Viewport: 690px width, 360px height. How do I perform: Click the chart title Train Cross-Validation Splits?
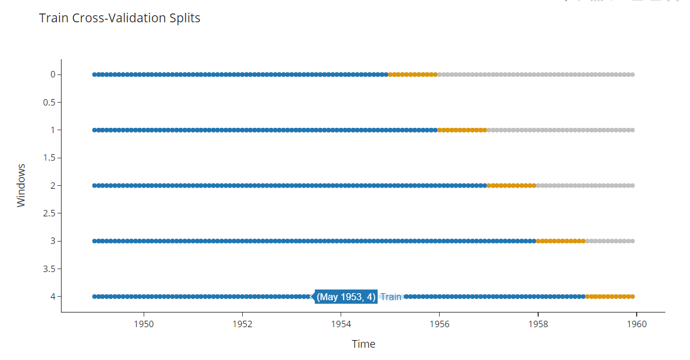click(120, 18)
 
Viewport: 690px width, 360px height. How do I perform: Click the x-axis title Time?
click(363, 344)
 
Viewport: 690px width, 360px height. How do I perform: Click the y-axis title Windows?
click(21, 185)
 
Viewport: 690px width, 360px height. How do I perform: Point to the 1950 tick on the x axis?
click(144, 323)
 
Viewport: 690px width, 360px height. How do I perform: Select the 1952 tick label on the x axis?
click(243, 323)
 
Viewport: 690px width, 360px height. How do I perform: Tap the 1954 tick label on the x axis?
click(341, 323)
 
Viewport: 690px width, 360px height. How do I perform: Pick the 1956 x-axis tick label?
click(440, 323)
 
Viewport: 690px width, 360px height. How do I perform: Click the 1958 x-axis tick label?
click(538, 323)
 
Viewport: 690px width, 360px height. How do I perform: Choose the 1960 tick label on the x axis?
click(637, 323)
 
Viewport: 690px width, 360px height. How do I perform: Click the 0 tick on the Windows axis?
click(52, 74)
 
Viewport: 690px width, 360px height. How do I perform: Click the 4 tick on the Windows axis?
click(52, 296)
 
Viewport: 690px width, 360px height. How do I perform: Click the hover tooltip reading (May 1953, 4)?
click(346, 297)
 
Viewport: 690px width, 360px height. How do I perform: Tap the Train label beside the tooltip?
click(391, 297)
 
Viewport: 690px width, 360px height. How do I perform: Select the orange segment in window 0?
click(413, 74)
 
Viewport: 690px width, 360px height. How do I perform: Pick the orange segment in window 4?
click(610, 296)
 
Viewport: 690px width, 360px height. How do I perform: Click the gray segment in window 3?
click(610, 241)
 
